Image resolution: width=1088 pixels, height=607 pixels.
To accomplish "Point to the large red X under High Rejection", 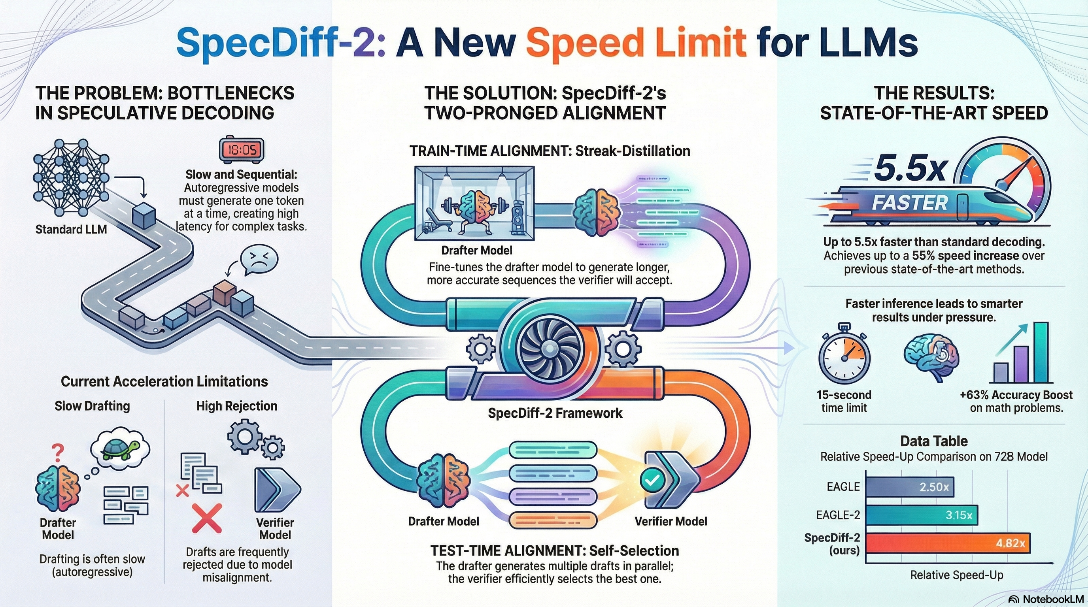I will pos(206,518).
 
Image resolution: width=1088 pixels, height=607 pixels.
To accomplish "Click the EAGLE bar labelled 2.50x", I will pos(910,487).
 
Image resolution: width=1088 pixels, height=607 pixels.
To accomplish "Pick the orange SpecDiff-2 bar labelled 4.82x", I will pos(948,543).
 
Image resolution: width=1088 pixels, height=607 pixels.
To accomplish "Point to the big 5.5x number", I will pos(910,168).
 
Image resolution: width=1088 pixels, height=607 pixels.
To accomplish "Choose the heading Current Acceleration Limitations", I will pos(164,382).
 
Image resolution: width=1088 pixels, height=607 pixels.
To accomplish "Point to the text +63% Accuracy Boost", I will pos(1016,395).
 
